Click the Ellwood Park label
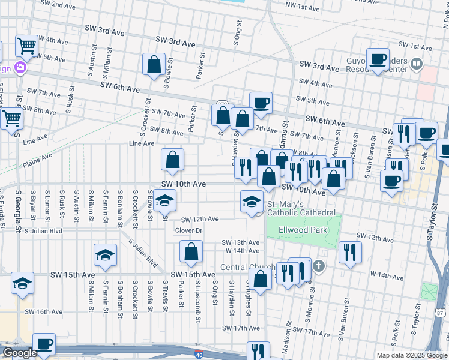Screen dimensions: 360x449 click(x=303, y=230)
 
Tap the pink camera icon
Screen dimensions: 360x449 click(x=20, y=68)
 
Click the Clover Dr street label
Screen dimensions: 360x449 click(x=188, y=230)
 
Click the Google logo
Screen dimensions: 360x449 click(x=20, y=353)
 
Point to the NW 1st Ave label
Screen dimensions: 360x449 click(x=302, y=8)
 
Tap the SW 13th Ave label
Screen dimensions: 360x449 click(x=240, y=242)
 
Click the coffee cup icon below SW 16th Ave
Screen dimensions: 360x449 click(x=44, y=344)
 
